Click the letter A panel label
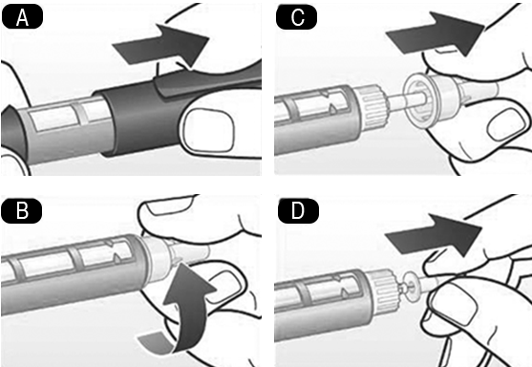pos(22,17)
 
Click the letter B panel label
pos(22,211)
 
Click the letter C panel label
pos(297,17)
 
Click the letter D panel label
pos(298,210)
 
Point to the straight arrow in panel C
pos(436,34)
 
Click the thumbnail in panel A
pos(208,129)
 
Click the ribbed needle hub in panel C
pos(372,107)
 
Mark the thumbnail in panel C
pos(505,124)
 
